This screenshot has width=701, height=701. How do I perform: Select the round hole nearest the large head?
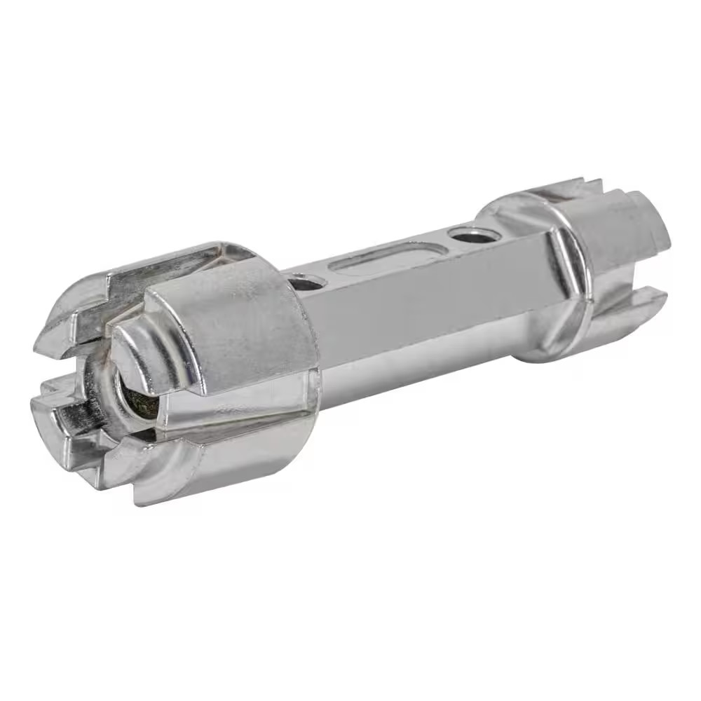pyautogui.click(x=306, y=283)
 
